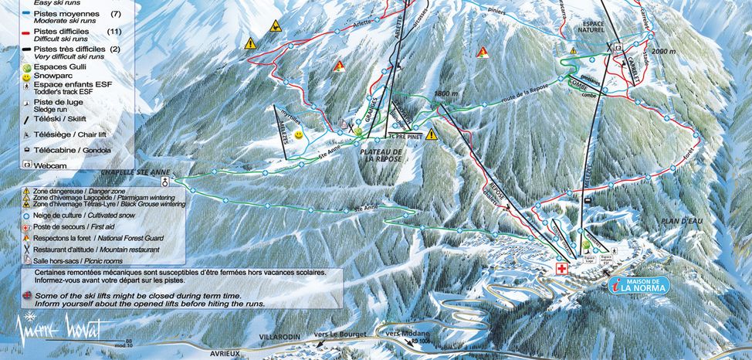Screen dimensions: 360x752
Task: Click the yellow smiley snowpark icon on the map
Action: pyautogui.click(x=307, y=134)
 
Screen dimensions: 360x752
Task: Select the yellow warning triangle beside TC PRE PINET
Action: pyautogui.click(x=431, y=134)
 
